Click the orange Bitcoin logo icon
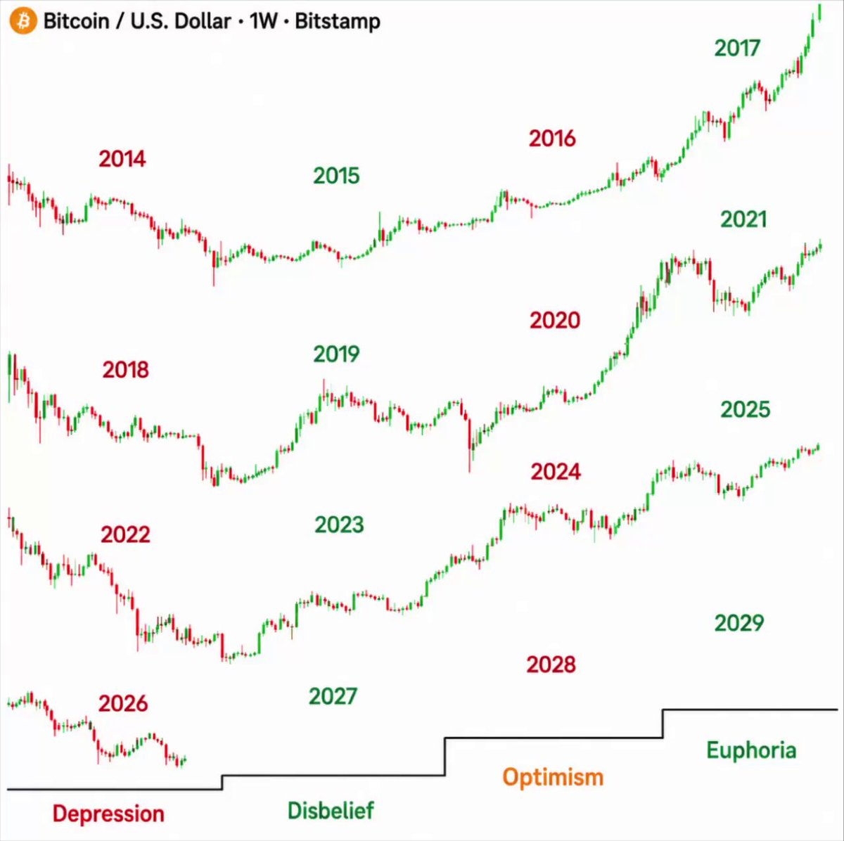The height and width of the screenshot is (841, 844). point(23,21)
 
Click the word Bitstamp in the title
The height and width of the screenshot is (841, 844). point(338,22)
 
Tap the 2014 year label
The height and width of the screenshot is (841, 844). point(122,158)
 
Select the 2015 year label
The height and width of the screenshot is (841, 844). point(336,176)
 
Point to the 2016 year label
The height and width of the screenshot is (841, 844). point(552,139)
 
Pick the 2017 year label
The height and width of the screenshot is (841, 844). point(737,49)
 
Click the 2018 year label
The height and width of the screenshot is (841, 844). point(126,370)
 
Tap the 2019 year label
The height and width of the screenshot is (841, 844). point(336,354)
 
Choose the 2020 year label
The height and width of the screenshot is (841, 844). point(555,320)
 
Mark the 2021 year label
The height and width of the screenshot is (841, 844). point(743,219)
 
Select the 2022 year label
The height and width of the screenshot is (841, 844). point(126,534)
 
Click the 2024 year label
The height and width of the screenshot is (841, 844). point(556,472)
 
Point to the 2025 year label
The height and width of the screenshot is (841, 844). point(745,409)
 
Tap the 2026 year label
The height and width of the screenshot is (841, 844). point(123,703)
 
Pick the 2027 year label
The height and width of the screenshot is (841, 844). point(333,696)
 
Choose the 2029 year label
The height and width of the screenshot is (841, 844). point(739,623)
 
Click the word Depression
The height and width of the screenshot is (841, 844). point(108,814)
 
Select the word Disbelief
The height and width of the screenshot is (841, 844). point(331,810)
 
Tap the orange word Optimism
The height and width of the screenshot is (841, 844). point(553,778)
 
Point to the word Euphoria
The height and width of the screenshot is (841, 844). point(752,750)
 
